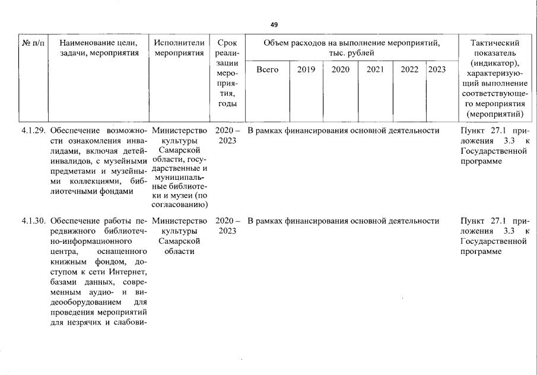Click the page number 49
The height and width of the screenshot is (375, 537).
coord(274,24)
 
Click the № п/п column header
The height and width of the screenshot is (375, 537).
coord(33,43)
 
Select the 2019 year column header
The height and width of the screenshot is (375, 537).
coord(306,69)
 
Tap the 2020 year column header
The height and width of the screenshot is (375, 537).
coord(341,69)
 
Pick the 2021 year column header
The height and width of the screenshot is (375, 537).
coord(375,69)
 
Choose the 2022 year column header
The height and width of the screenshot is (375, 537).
coord(409,69)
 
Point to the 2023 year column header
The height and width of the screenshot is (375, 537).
coord(437,69)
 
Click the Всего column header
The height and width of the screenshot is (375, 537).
coord(267,69)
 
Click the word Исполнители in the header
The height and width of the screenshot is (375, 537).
coord(179,43)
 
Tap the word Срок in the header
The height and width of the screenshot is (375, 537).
coord(227,43)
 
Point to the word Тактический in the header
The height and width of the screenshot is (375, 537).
coord(494,43)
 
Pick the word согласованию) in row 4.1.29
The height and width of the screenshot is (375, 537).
coord(179,205)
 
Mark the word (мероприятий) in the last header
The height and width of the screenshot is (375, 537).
coord(495,113)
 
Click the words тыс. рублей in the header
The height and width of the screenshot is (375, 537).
coord(352,53)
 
